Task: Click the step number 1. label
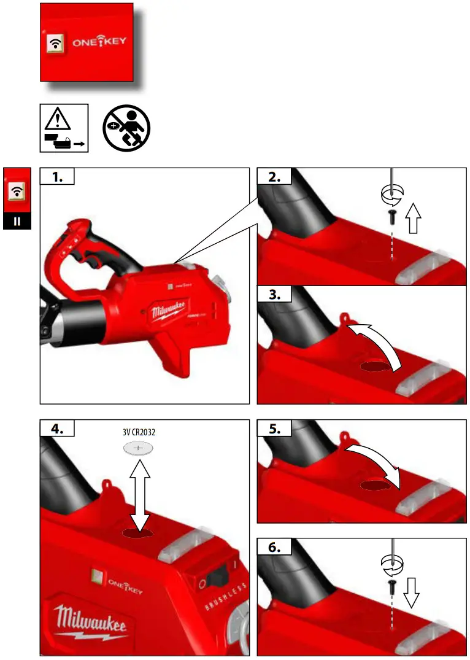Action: [x=57, y=177]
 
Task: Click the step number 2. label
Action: [x=274, y=177]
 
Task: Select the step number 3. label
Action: [x=274, y=295]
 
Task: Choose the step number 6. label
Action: [x=274, y=548]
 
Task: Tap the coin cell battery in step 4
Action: [x=138, y=449]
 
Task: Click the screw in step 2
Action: [x=391, y=215]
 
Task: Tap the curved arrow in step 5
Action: [x=375, y=467]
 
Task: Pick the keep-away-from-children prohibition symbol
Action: [x=126, y=128]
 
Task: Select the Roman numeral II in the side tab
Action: [x=18, y=220]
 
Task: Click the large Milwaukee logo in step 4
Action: [x=91, y=620]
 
